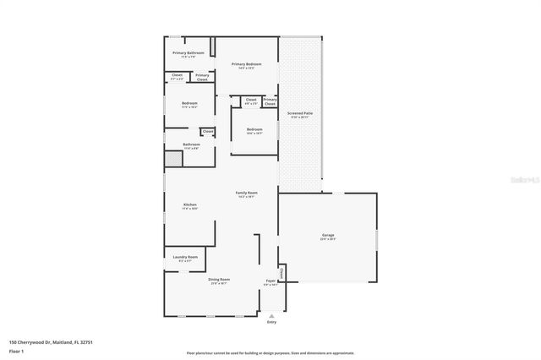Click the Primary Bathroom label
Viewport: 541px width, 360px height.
(189, 53)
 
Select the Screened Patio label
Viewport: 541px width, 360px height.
(300, 113)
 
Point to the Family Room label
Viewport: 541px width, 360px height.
(246, 193)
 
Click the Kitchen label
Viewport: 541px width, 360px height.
(190, 205)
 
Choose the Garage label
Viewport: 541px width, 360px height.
(328, 236)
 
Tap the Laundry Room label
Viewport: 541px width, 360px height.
(186, 257)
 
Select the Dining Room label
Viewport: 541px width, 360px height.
(220, 279)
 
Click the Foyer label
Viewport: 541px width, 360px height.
(270, 281)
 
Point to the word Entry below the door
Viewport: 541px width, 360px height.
(271, 322)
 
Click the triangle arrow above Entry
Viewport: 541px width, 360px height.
(271, 314)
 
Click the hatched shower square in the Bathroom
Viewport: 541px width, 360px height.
(172, 159)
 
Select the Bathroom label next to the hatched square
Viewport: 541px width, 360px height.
(191, 145)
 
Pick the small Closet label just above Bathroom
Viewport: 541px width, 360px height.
(207, 131)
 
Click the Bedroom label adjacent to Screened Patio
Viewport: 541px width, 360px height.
(254, 129)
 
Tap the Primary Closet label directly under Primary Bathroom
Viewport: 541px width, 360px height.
(202, 77)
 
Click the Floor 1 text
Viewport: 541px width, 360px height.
(16, 350)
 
